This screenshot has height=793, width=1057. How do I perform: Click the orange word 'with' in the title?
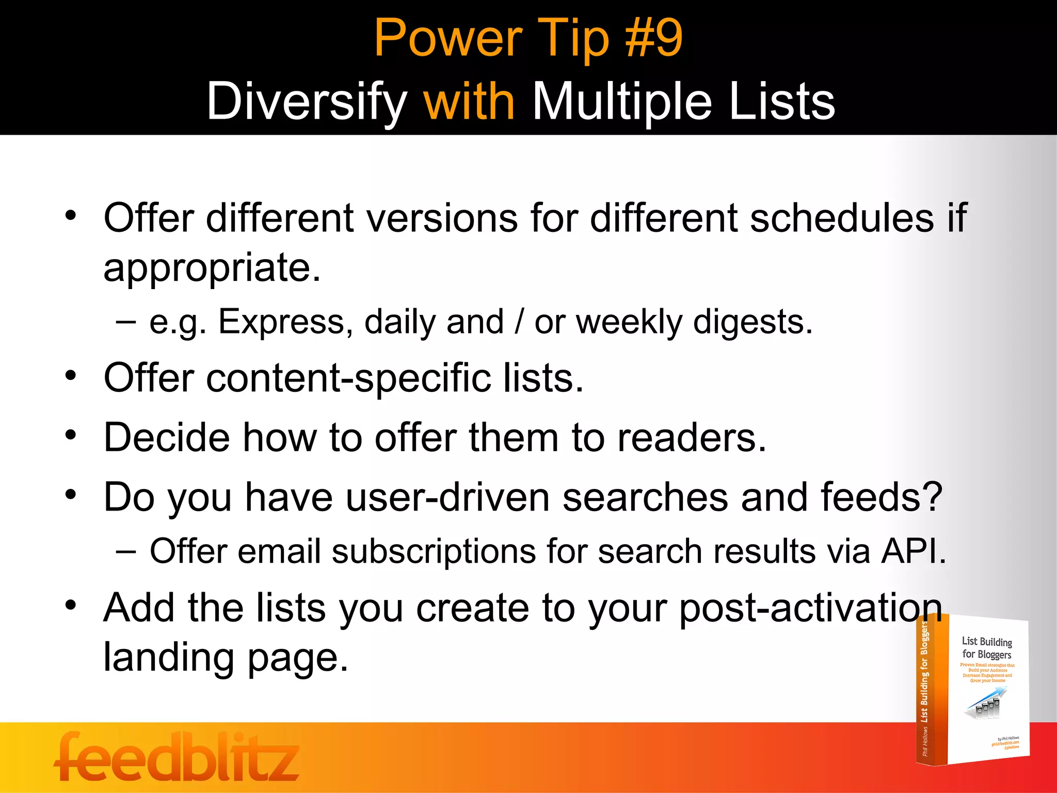[x=469, y=101]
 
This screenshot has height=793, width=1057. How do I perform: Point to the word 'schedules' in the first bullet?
[x=841, y=218]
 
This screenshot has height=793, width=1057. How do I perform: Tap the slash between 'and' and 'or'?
[x=518, y=322]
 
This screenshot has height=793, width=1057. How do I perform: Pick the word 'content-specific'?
[x=348, y=378]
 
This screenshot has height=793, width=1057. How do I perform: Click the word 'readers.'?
[x=692, y=438]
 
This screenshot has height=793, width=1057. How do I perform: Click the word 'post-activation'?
[x=810, y=608]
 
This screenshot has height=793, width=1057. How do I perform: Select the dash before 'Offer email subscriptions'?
[x=126, y=551]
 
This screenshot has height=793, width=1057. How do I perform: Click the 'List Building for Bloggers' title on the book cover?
[x=986, y=648]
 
